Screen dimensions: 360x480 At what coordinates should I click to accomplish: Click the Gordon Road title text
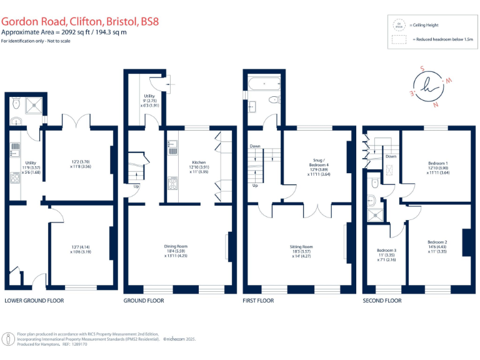(80, 21)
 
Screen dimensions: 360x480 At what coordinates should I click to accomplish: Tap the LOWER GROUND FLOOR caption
(34, 301)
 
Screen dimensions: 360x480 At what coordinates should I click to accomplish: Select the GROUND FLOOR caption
(144, 301)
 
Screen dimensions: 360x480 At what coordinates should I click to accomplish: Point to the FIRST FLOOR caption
(258, 301)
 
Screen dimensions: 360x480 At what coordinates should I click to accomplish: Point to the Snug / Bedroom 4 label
(318, 163)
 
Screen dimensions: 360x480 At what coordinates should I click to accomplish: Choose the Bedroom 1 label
(438, 163)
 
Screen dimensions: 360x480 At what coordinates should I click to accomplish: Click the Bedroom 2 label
(437, 242)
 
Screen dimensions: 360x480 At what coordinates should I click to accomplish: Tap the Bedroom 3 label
(386, 250)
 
